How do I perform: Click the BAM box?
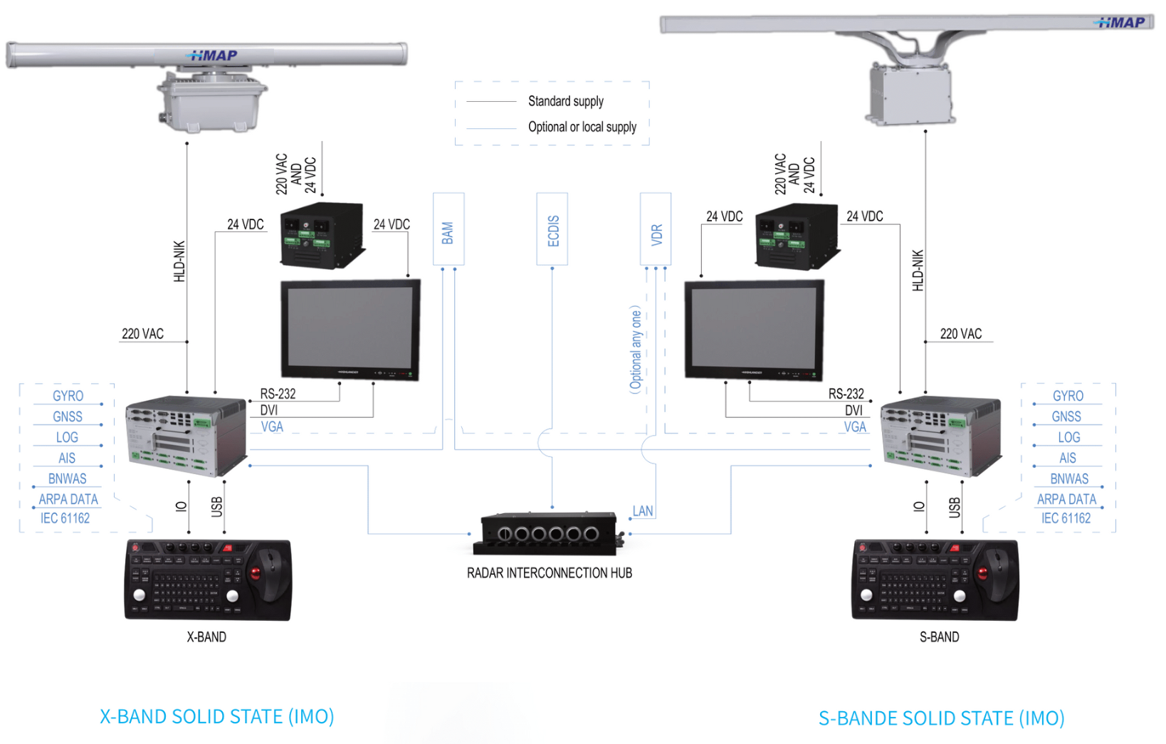(x=448, y=229)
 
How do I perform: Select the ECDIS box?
(x=552, y=229)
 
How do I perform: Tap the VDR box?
(x=656, y=229)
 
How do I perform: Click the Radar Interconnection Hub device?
(x=548, y=533)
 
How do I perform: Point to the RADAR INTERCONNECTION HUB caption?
(x=549, y=573)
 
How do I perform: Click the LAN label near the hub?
(x=643, y=511)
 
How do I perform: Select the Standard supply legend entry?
(x=565, y=101)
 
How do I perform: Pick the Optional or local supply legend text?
(x=582, y=127)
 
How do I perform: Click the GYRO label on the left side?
(x=68, y=396)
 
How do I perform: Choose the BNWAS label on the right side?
(x=1069, y=478)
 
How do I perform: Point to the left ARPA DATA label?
(x=68, y=499)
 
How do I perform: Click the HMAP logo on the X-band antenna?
(x=212, y=56)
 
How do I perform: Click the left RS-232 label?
(x=278, y=394)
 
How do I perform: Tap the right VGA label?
(x=855, y=427)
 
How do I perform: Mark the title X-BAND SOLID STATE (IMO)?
(x=216, y=716)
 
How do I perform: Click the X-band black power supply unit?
(x=322, y=235)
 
